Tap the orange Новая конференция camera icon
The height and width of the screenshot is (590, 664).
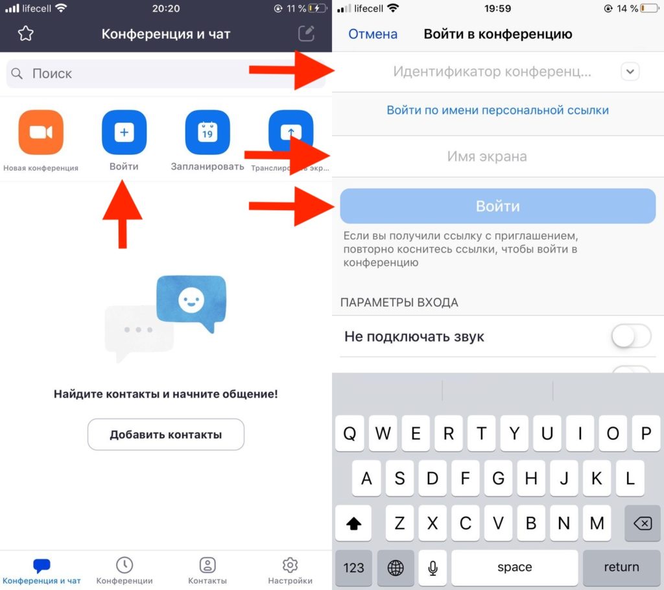[41, 132]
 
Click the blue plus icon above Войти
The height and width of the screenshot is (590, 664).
[124, 132]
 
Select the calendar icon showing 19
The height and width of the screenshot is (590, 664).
[207, 132]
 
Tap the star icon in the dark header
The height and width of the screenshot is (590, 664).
[26, 34]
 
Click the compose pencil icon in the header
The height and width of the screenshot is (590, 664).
[306, 34]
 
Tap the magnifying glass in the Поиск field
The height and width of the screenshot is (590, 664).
[17, 73]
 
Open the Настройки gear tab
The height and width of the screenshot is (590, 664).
[290, 565]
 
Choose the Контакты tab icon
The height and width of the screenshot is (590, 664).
[207, 565]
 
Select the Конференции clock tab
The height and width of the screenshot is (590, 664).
[124, 565]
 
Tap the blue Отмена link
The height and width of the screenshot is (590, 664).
[373, 34]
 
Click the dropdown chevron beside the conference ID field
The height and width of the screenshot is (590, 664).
[630, 71]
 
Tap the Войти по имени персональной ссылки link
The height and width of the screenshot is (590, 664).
[497, 110]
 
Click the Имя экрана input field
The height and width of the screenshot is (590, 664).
[498, 156]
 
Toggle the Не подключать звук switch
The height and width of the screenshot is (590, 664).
[631, 336]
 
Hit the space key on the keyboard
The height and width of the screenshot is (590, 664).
[514, 567]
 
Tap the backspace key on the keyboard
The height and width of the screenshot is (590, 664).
[643, 523]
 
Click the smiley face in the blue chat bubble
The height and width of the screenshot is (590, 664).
[191, 300]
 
